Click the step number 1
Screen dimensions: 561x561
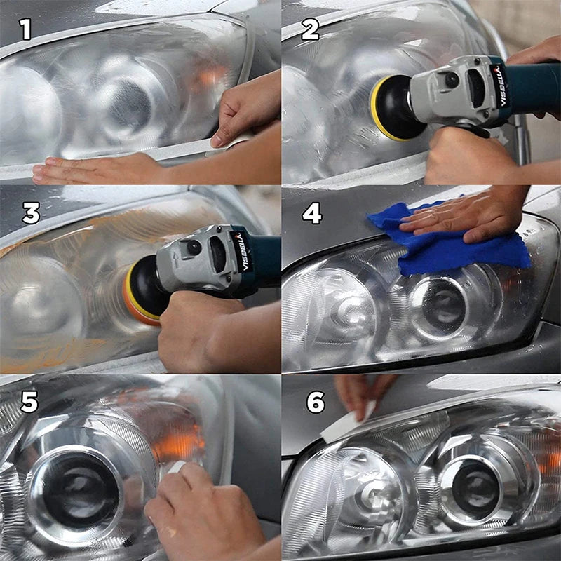(26, 29)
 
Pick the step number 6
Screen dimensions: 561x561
(316, 403)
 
